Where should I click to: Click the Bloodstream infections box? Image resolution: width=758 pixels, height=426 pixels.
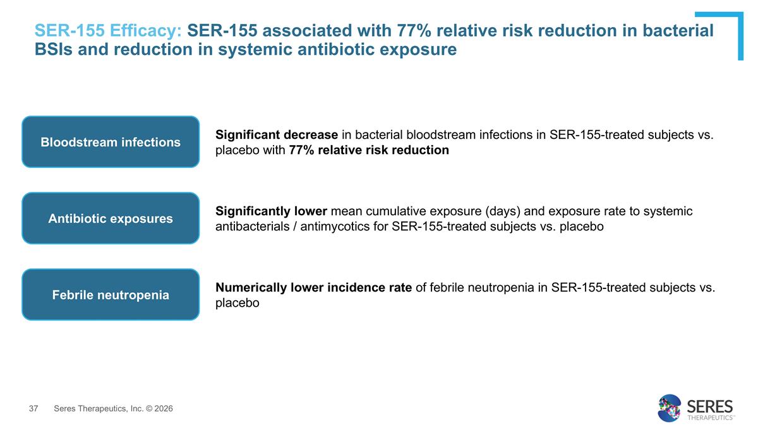(x=111, y=142)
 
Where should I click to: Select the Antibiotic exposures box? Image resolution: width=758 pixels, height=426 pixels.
(x=111, y=218)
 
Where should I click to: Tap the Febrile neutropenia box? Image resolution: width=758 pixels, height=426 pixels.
(x=111, y=295)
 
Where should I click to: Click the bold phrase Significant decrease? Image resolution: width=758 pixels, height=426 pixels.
(x=277, y=134)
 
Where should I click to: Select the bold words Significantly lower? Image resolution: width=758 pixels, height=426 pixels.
(x=271, y=211)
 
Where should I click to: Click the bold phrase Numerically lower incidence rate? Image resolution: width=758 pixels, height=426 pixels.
(x=314, y=288)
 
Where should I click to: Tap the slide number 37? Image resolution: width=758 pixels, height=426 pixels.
(x=35, y=409)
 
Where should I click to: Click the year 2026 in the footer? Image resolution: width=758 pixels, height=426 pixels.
(x=162, y=409)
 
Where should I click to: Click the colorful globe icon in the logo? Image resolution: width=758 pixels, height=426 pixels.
(x=670, y=408)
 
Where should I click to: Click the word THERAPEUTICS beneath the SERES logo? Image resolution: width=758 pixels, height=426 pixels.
(x=709, y=417)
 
